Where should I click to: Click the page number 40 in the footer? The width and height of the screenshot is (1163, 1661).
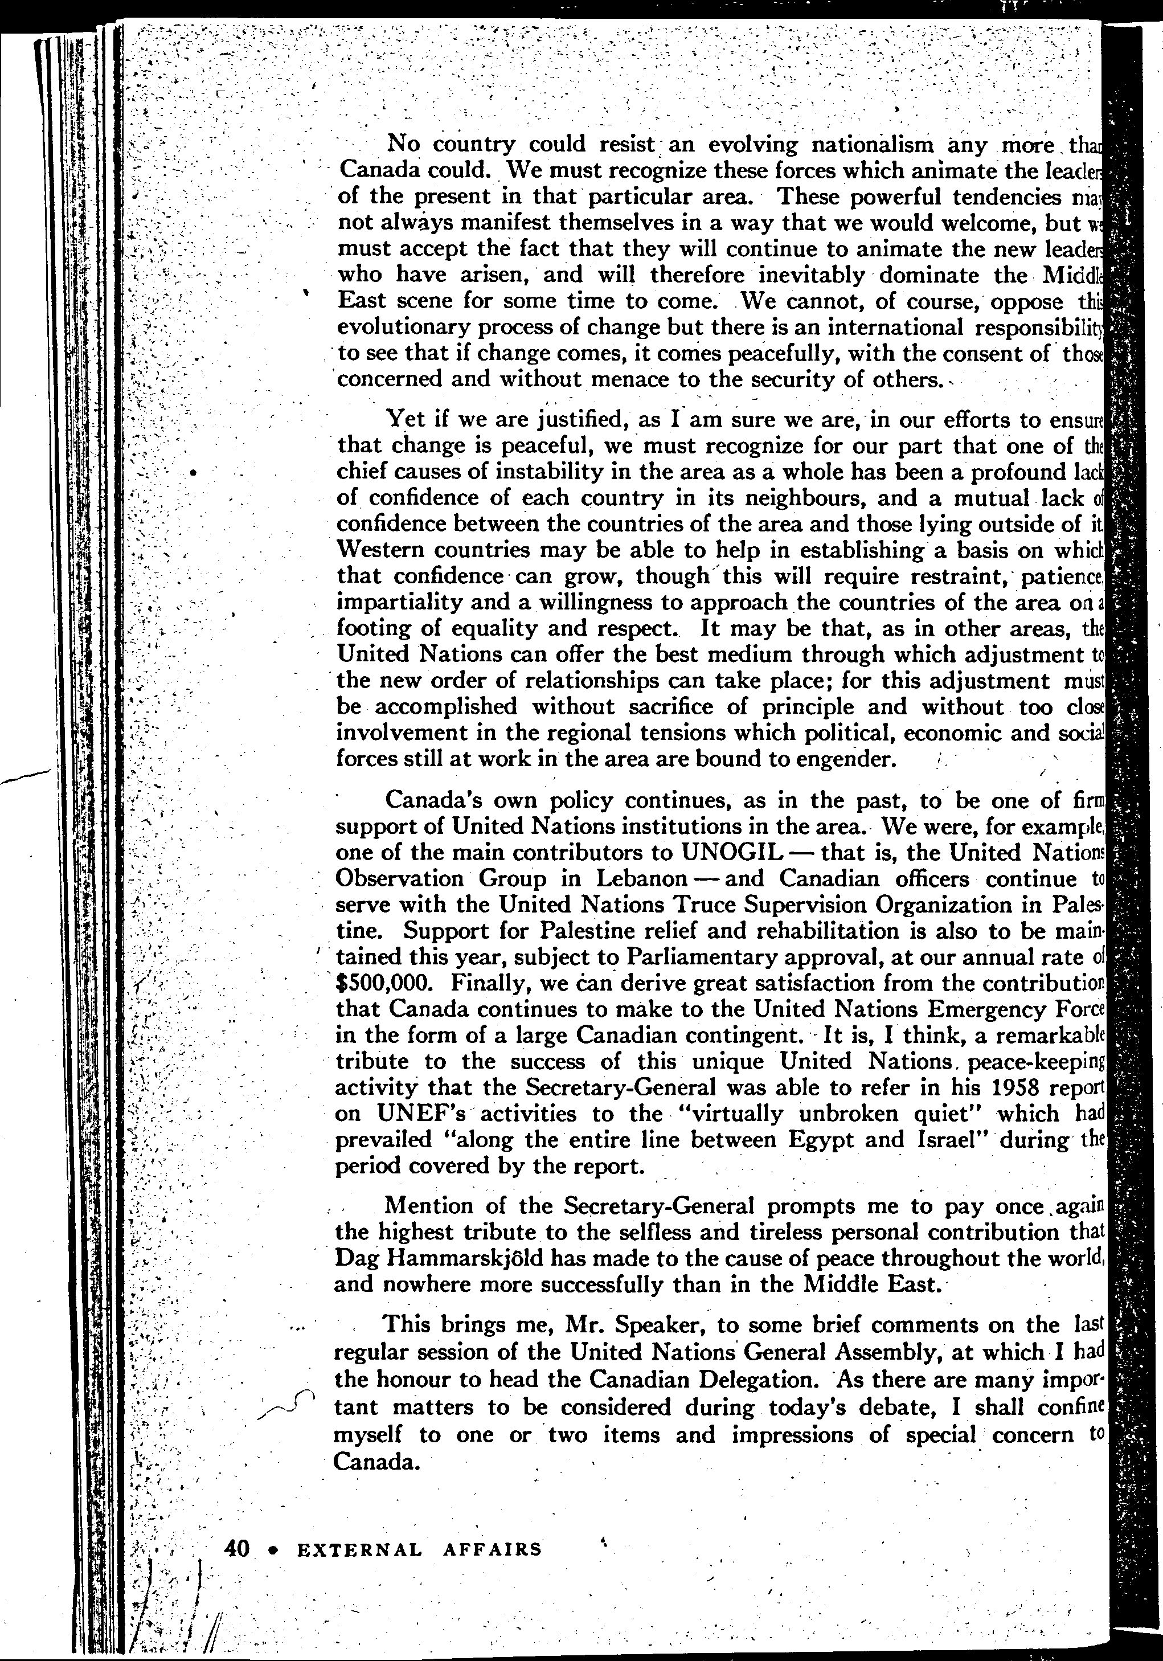click(236, 1548)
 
